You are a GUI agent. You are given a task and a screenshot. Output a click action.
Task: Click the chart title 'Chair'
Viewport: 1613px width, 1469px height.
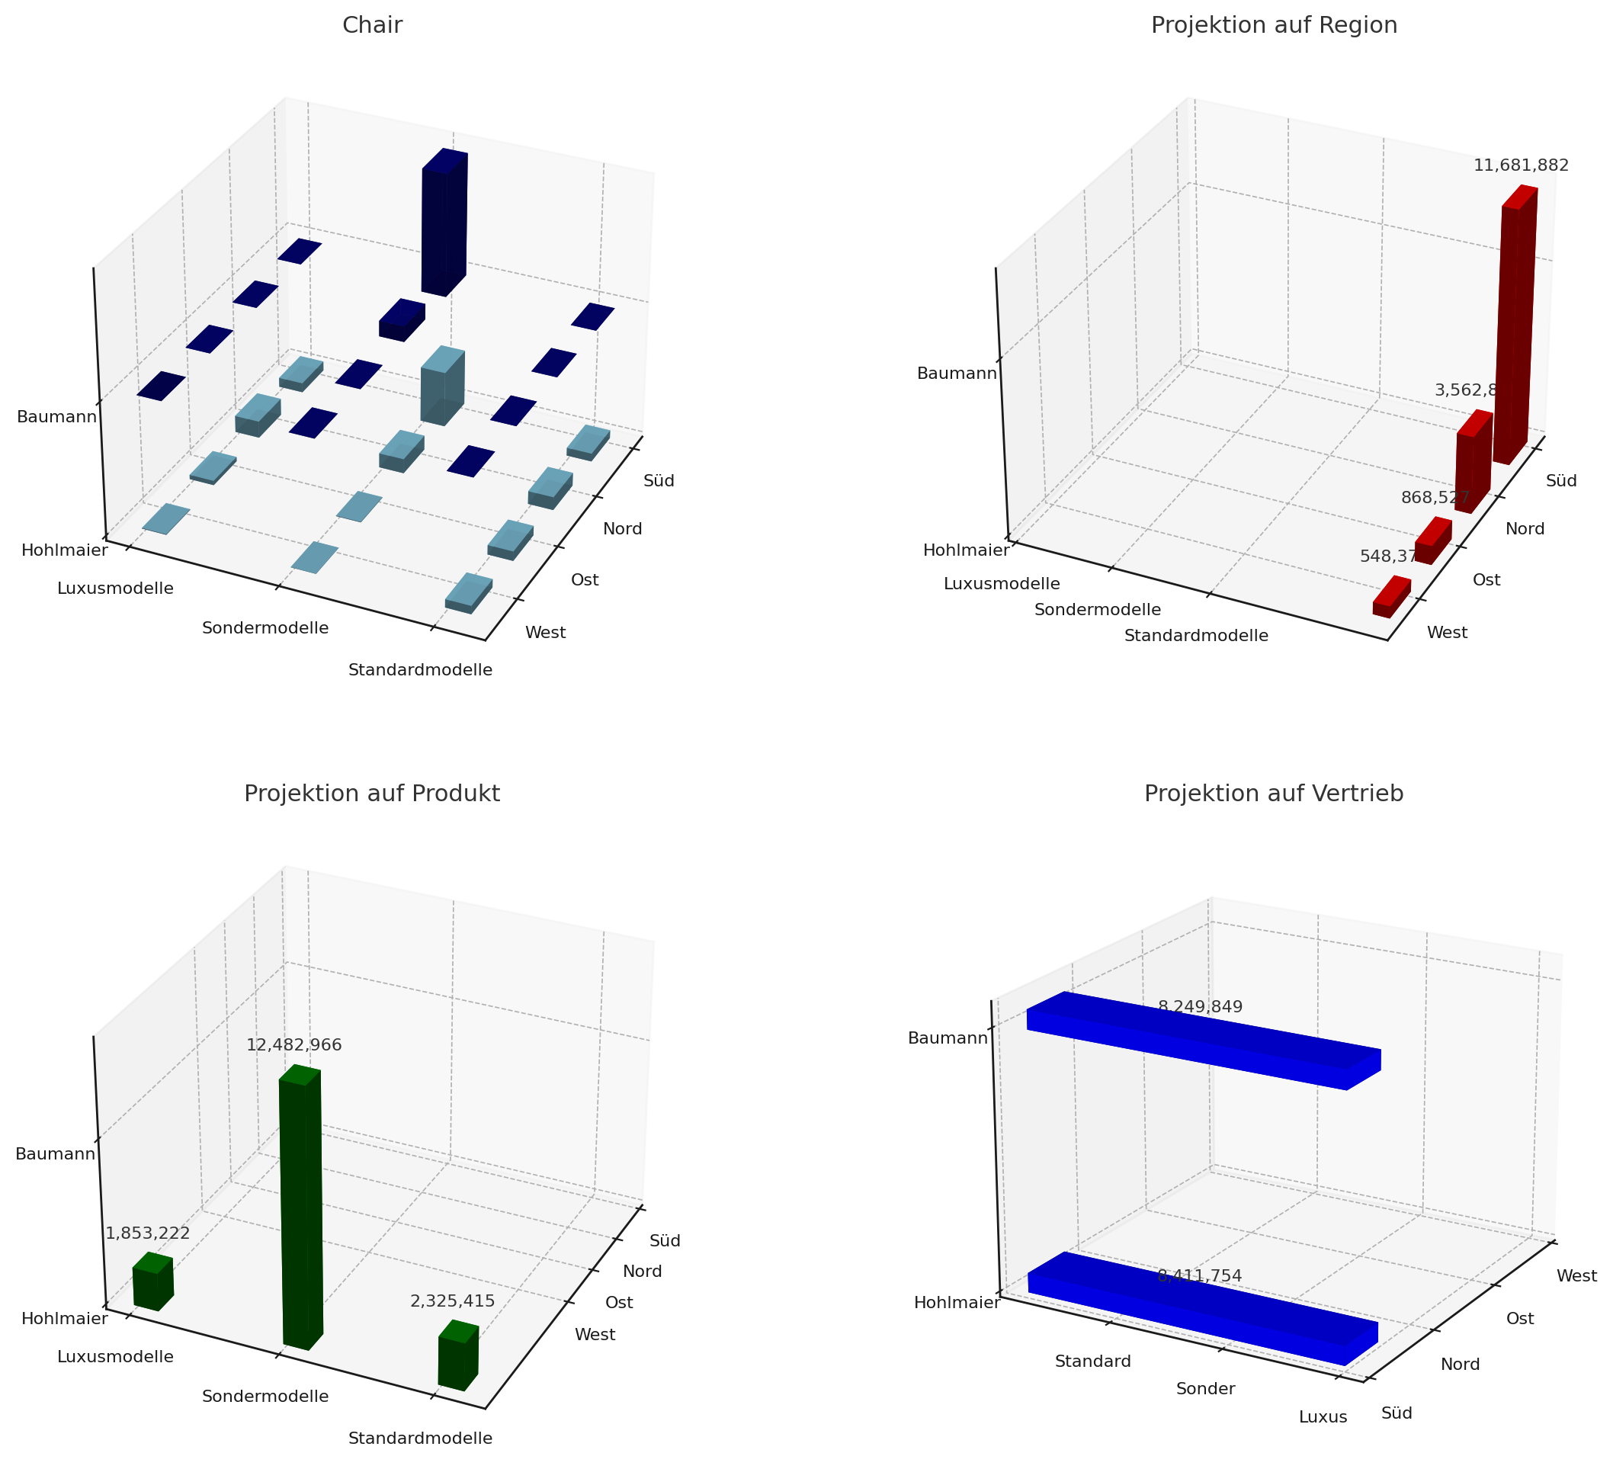coord(372,26)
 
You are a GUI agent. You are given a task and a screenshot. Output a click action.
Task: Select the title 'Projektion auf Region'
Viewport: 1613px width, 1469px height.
coord(1274,26)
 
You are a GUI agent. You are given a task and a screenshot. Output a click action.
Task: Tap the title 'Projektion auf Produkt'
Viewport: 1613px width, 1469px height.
coord(372,793)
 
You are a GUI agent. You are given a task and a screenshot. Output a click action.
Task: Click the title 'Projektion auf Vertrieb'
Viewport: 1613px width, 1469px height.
coord(1274,793)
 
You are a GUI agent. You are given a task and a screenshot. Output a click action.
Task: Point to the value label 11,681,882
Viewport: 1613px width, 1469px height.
coord(1520,165)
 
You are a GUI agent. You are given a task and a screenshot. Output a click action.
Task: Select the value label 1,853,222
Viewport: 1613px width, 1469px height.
coord(148,1232)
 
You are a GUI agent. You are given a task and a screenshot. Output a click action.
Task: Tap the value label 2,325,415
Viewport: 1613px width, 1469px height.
coord(452,1301)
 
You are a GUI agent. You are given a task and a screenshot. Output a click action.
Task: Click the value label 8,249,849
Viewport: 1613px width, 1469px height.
coord(1200,1006)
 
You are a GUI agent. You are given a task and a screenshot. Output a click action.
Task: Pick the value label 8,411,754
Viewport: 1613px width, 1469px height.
coord(1199,1275)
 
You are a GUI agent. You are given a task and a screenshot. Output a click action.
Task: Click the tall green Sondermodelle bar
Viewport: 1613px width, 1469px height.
coord(301,1208)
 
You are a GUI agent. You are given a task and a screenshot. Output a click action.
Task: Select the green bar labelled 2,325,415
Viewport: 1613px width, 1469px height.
coord(457,1356)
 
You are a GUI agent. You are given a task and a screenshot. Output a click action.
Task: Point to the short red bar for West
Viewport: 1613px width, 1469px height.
coord(1391,598)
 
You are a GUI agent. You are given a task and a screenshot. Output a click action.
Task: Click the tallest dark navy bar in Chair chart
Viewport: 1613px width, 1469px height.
coord(443,224)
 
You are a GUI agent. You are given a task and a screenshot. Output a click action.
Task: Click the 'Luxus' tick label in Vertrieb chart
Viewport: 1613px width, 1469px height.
coord(1323,1416)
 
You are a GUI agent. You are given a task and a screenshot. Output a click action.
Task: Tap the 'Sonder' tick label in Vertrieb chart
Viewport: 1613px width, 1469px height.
coord(1205,1388)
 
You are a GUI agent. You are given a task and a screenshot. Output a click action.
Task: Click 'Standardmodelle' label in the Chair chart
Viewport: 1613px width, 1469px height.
coord(420,671)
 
